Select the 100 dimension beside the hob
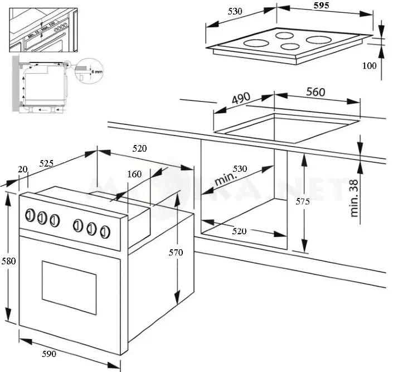[370, 66]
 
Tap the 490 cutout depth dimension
[240, 99]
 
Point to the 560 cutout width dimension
[315, 93]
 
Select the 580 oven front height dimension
[8, 262]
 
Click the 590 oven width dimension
[48, 354]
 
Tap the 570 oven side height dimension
[176, 253]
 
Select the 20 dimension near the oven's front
[22, 169]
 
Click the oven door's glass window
[69, 282]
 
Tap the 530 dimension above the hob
[236, 12]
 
